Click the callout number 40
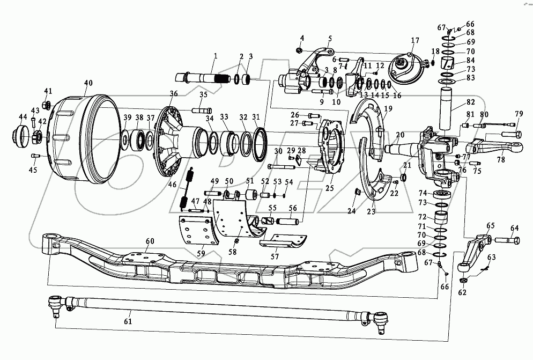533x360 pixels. (88, 83)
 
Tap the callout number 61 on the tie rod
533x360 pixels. (127, 321)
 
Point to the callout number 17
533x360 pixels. (415, 41)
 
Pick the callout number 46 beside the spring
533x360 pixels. (172, 184)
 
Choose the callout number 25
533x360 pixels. (329, 188)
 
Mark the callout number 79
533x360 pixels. (519, 114)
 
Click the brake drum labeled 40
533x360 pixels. (80, 139)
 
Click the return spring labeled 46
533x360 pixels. (187, 188)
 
